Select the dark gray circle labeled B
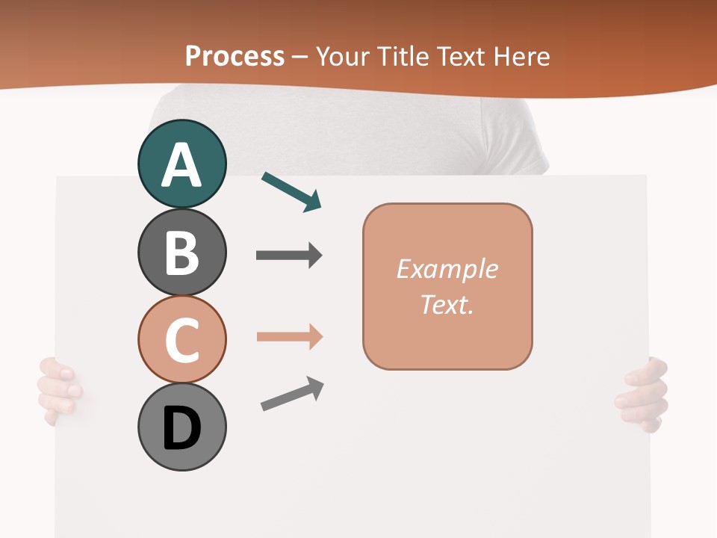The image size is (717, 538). tap(181, 252)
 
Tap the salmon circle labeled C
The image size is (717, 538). tap(181, 339)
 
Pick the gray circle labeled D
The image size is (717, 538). tap(181, 427)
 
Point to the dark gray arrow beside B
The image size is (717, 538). tap(289, 256)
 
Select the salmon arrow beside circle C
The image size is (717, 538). tap(289, 337)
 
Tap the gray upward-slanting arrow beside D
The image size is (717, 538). tap(292, 393)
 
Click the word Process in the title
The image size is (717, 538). tap(235, 56)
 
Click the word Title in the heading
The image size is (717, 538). tap(404, 56)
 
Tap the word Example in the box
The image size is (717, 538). tap(447, 269)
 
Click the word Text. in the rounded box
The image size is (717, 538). tap(447, 304)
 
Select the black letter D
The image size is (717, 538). tap(181, 429)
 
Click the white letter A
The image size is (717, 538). tap(181, 165)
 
